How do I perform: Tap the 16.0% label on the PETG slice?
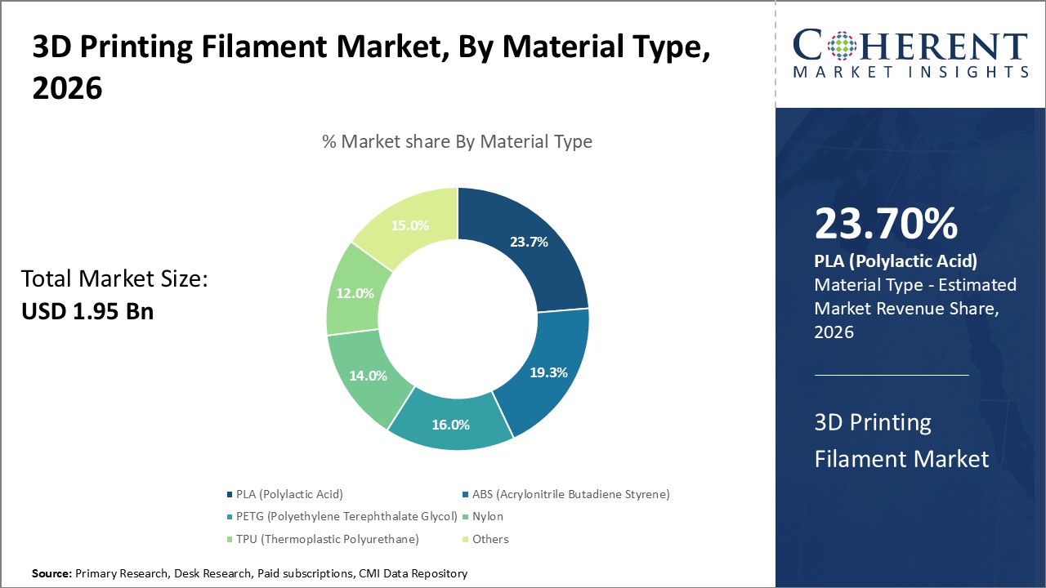[451, 425]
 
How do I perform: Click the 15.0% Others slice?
[410, 226]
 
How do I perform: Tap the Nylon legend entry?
[487, 516]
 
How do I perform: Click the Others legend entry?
[490, 539]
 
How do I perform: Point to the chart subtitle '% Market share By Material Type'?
[457, 141]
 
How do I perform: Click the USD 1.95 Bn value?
[87, 311]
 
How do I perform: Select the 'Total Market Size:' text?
[114, 279]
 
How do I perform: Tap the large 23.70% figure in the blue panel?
[886, 224]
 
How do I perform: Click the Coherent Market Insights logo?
[910, 53]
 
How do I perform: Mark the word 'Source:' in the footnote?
[51, 574]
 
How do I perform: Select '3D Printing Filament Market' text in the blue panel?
[901, 440]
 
